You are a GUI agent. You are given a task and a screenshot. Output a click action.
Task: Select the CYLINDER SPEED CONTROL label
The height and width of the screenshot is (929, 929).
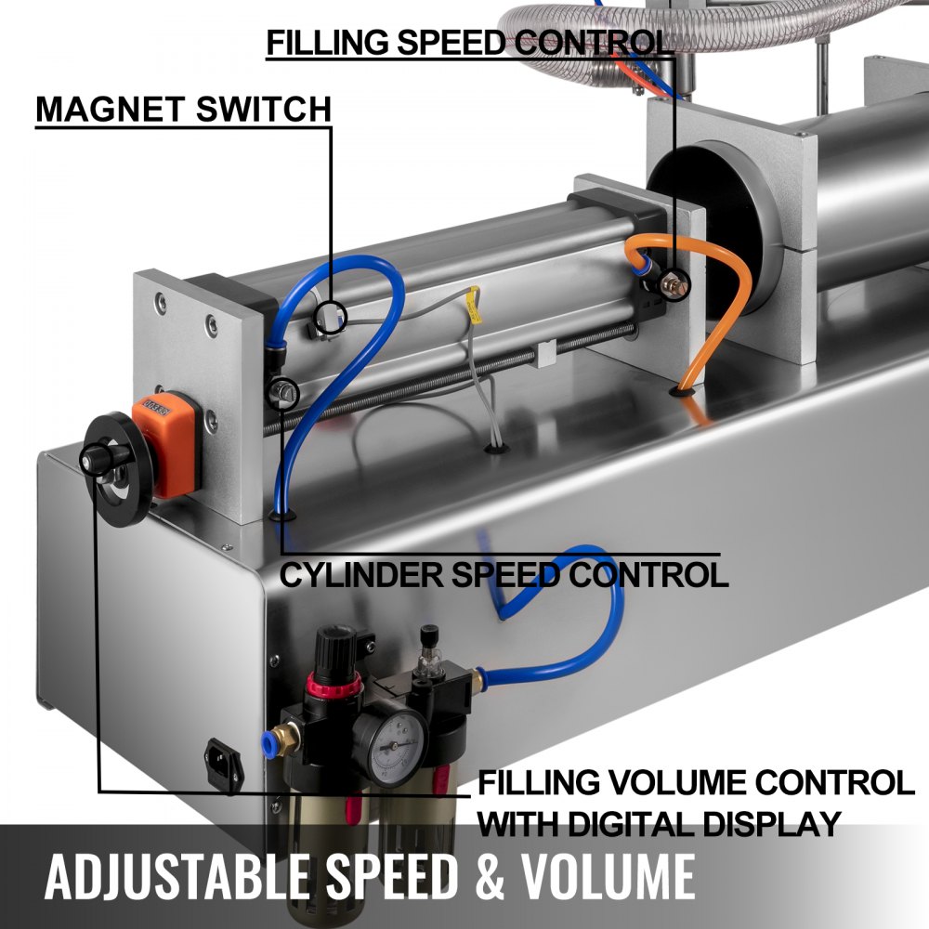tap(504, 574)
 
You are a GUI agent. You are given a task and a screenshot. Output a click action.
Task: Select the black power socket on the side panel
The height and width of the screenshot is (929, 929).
tap(224, 762)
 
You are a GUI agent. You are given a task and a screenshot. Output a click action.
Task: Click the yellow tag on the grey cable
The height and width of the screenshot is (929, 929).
tap(475, 305)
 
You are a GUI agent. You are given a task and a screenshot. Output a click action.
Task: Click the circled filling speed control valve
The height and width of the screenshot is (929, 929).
tap(676, 284)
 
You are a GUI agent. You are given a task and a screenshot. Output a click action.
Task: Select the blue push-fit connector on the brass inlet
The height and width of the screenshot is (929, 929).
tap(268, 739)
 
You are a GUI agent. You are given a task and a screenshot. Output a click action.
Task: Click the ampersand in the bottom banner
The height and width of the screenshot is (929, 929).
tap(490, 876)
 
